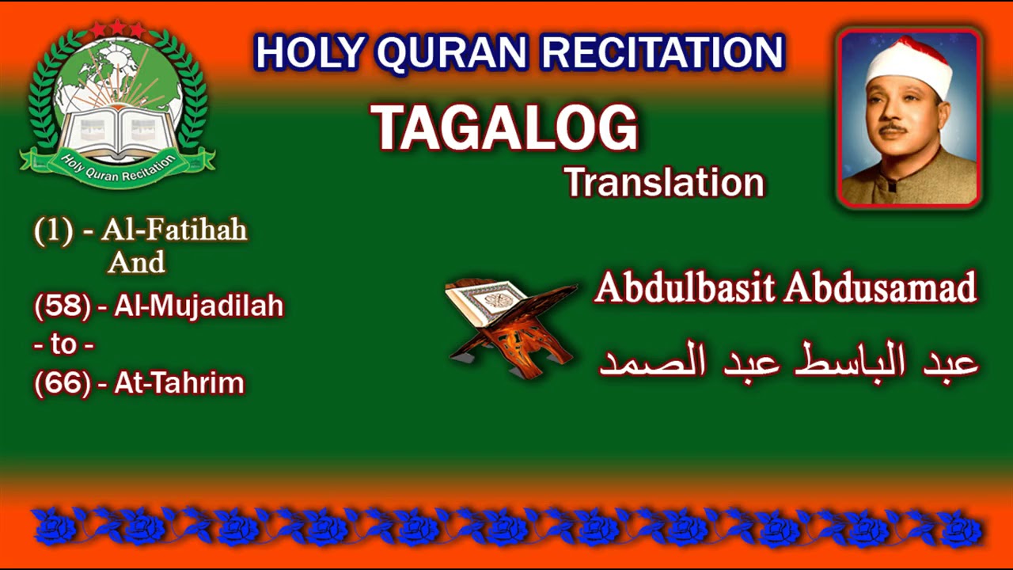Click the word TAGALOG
[x=504, y=127]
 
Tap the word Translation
[x=664, y=183]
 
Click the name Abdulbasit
[x=685, y=288]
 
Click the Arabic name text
[x=789, y=361]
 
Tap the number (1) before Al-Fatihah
[x=53, y=231]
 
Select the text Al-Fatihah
[x=185, y=230]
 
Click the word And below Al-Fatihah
[x=136, y=262]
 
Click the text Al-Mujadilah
[x=199, y=306]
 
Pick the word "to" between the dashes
[x=64, y=345]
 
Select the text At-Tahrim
[x=180, y=383]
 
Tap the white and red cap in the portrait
[x=909, y=65]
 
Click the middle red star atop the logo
[x=117, y=28]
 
